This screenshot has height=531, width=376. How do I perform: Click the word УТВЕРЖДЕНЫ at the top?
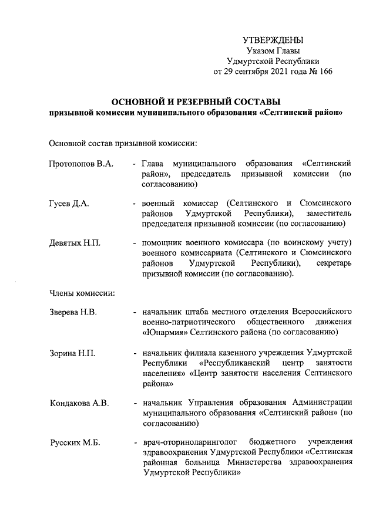click(x=273, y=40)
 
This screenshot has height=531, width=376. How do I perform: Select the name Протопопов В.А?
click(x=81, y=163)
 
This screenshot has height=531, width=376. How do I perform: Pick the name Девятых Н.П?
click(x=75, y=242)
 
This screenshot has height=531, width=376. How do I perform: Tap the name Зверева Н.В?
click(x=73, y=311)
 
